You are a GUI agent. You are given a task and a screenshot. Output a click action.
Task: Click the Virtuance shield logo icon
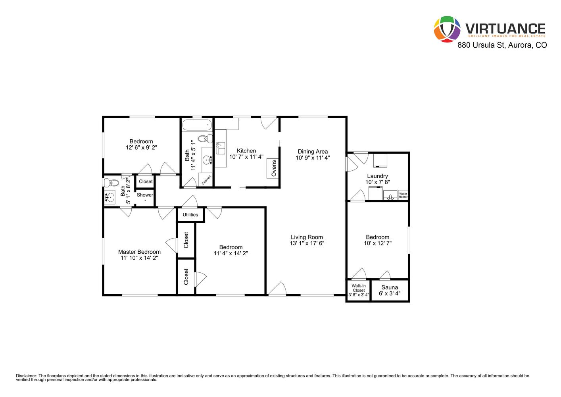[447, 29]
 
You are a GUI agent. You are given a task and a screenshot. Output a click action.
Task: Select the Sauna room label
[390, 287]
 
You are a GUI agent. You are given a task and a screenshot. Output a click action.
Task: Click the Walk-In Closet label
[359, 288]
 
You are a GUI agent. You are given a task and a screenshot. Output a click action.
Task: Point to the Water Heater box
[403, 195]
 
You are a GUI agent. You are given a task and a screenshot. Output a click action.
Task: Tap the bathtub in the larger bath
[197, 125]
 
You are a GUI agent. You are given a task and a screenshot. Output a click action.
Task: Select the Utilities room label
[190, 215]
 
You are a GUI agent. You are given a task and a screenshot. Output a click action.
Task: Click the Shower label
[145, 195]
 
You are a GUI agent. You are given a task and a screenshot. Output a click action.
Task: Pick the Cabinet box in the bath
[206, 179]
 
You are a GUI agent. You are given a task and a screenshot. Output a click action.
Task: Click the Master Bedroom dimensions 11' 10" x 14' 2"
[139, 258]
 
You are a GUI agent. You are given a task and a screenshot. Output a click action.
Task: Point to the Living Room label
[307, 237]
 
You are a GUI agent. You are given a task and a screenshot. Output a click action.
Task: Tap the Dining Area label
[313, 152]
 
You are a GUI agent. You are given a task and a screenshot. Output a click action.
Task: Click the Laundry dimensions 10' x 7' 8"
[377, 182]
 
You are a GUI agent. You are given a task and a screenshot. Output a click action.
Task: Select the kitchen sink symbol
[221, 148]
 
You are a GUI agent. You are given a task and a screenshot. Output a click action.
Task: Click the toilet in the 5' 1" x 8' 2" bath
[112, 183]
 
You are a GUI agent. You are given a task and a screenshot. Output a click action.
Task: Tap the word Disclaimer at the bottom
[27, 376]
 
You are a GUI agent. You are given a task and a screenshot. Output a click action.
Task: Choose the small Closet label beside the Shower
[146, 181]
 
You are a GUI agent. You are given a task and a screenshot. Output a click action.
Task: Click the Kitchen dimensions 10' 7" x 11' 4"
[246, 157]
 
